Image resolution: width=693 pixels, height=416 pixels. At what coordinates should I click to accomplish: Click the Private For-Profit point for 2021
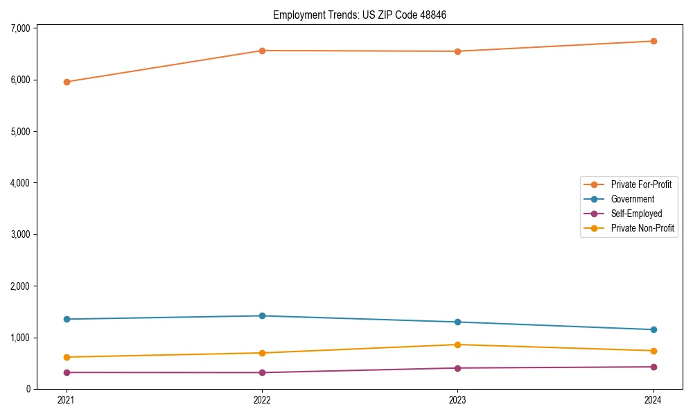[x=67, y=82]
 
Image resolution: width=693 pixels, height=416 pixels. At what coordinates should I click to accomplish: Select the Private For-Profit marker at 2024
[x=653, y=41]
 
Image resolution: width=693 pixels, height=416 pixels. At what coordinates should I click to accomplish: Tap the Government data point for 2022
[x=262, y=315]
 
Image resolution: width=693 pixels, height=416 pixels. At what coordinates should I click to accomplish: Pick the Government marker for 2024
[x=653, y=329]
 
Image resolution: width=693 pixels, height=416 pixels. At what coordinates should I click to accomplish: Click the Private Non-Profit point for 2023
[x=457, y=345]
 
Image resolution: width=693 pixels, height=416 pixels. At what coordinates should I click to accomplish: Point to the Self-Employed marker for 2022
[x=262, y=372]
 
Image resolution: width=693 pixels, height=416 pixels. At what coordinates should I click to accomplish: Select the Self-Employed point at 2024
[x=653, y=367]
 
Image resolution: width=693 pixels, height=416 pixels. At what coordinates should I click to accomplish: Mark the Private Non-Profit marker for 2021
[x=67, y=357]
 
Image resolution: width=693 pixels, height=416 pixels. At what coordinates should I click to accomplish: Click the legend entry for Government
[x=632, y=199]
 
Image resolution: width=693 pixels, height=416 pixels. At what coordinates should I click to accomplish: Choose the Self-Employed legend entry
[x=636, y=214]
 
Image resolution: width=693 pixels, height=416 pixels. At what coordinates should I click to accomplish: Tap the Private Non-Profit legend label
[x=642, y=228]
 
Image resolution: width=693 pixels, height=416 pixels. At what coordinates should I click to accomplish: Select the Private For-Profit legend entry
[x=640, y=184]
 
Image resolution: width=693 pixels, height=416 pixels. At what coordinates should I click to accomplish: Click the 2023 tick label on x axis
[x=457, y=400]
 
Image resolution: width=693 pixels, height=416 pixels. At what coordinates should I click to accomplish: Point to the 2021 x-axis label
[x=67, y=400]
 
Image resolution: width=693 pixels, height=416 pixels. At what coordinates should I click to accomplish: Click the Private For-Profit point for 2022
[x=262, y=51]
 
